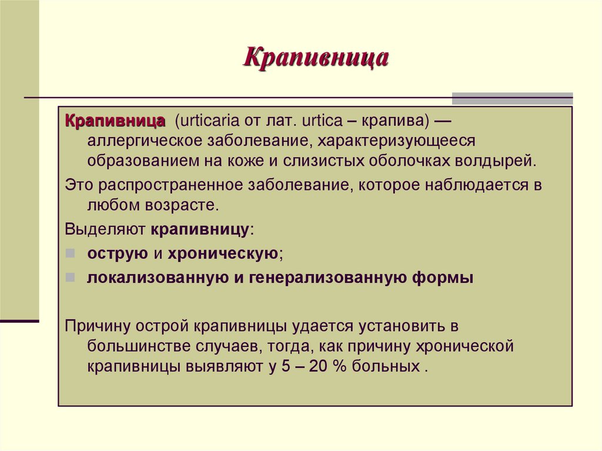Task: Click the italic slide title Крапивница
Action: (316, 59)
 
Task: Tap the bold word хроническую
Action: (223, 253)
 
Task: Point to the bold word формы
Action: (442, 278)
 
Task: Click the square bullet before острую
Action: (70, 253)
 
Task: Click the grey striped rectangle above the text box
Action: (512, 98)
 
